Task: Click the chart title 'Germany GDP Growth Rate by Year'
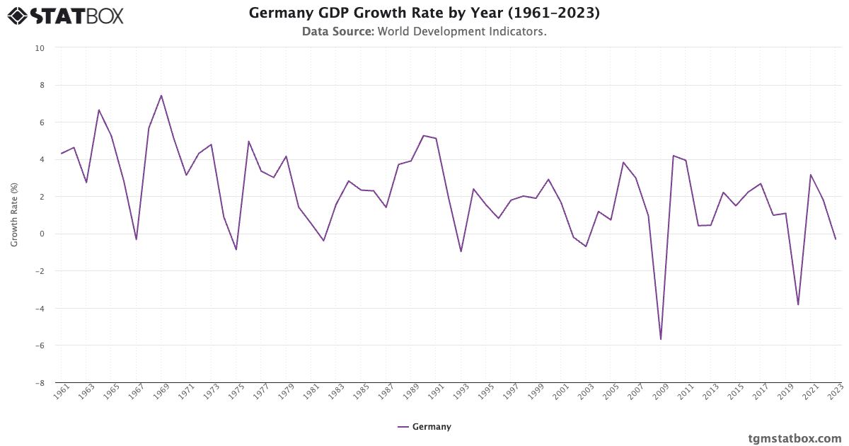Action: (424, 13)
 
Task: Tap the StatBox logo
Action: (65, 16)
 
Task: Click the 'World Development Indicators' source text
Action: (461, 32)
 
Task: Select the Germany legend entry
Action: (424, 427)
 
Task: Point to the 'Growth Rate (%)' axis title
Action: (14, 215)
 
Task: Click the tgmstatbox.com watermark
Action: (795, 438)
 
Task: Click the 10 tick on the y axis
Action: (39, 48)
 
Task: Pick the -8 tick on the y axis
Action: (39, 383)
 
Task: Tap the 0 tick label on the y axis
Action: (41, 234)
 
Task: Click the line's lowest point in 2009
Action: (661, 339)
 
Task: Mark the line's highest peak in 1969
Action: (161, 96)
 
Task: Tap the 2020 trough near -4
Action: (798, 304)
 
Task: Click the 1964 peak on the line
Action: (99, 110)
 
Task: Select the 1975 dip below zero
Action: (236, 250)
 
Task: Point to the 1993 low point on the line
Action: (461, 251)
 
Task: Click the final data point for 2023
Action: (836, 239)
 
